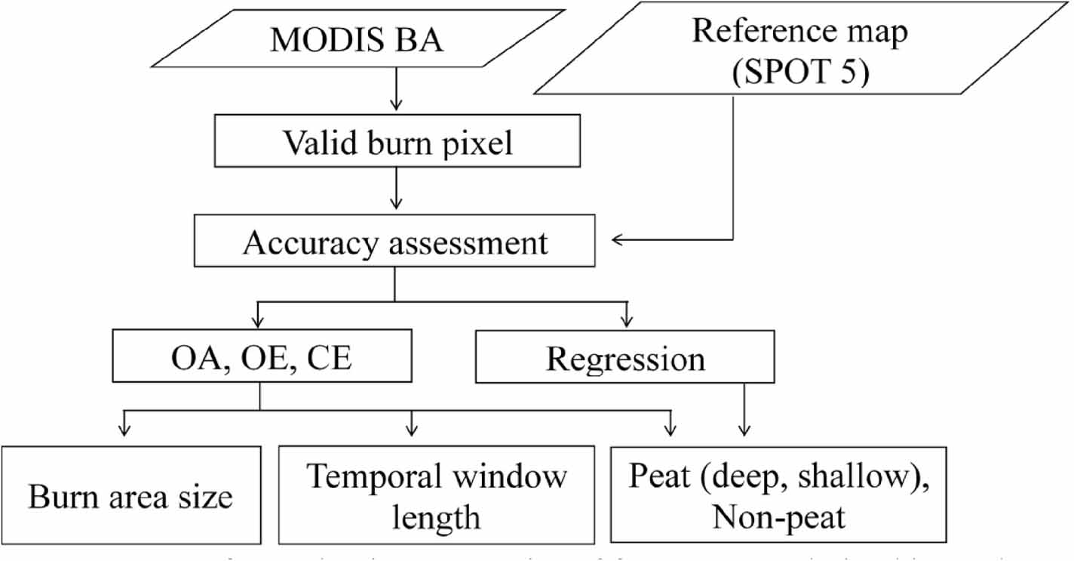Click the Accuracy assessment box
tap(396, 242)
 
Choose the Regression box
tap(625, 359)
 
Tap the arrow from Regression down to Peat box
tap(744, 412)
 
